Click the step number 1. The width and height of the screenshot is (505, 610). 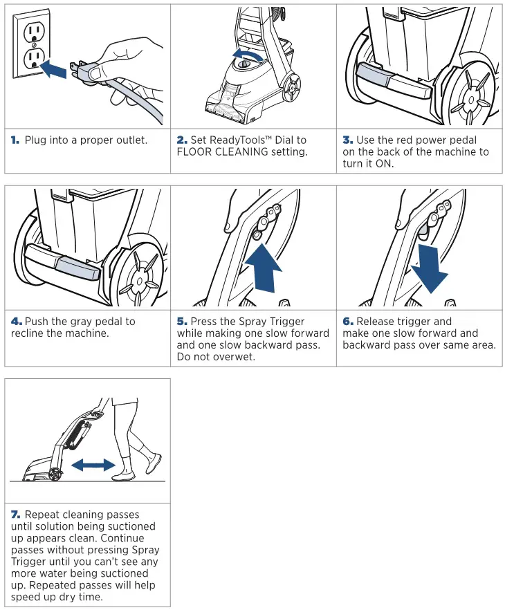click(x=15, y=140)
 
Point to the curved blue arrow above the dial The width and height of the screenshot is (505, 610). click(x=249, y=54)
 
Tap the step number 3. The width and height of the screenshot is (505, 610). click(x=347, y=140)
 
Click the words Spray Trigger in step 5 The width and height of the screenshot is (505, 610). click(x=284, y=322)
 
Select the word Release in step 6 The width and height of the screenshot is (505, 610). click(x=376, y=322)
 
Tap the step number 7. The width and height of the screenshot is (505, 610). click(x=15, y=515)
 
